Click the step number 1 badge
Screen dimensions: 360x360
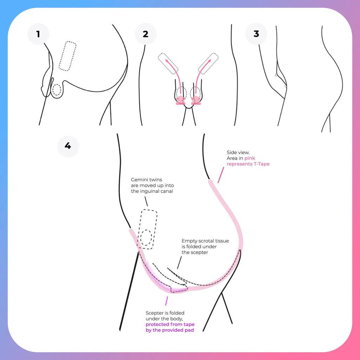[x=38, y=34]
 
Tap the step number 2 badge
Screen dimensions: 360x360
[x=146, y=34]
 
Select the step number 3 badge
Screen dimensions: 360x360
[x=256, y=34]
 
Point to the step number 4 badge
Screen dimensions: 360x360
[x=68, y=146]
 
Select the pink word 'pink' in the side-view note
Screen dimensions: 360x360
[x=250, y=159]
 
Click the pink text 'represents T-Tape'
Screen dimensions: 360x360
[x=248, y=164]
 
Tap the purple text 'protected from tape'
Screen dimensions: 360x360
[x=170, y=324]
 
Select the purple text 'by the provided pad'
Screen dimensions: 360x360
[x=170, y=330]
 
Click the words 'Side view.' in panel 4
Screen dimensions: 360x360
[x=238, y=153]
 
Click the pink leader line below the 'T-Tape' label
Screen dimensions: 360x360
[x=221, y=175]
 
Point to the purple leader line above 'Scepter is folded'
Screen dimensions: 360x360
[x=166, y=301]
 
